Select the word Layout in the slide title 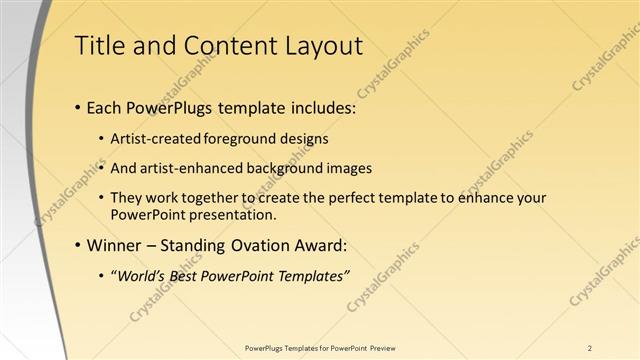[x=319, y=46]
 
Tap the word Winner [x=115, y=245]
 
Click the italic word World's [x=141, y=277]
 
